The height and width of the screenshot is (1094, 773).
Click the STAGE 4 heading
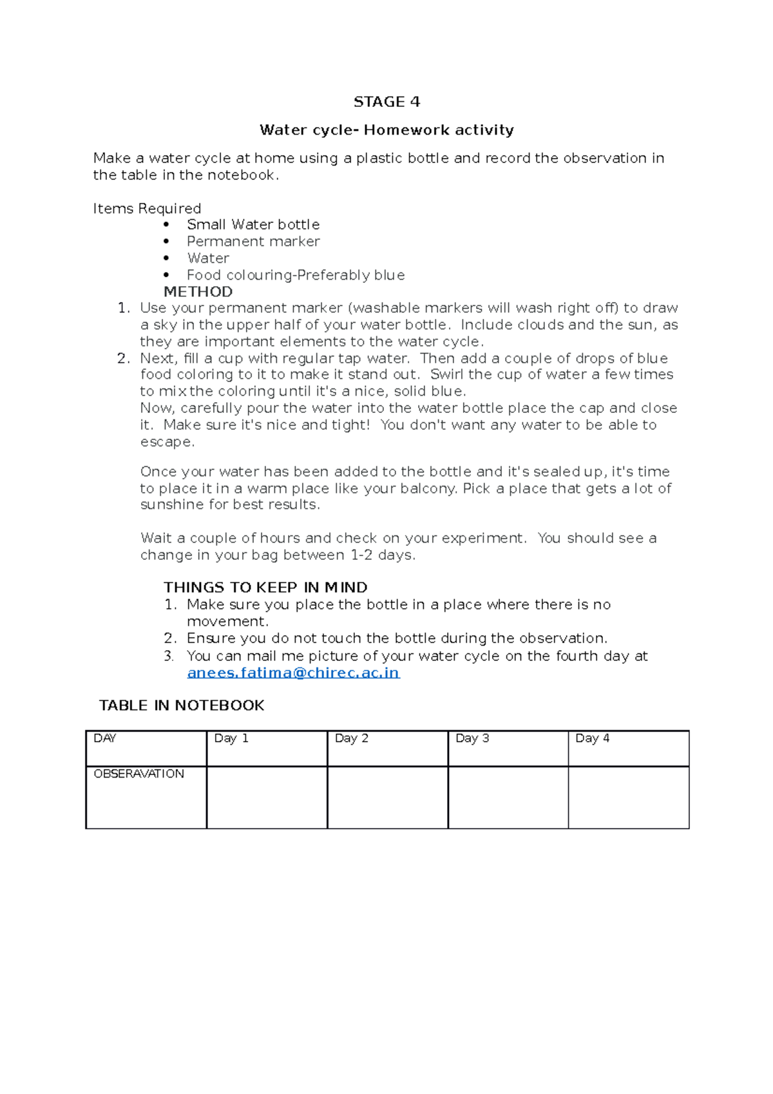click(386, 102)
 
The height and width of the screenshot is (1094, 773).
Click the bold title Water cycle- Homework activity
click(386, 130)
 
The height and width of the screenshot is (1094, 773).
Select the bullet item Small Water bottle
click(253, 224)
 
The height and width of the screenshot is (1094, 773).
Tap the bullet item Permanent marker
click(253, 241)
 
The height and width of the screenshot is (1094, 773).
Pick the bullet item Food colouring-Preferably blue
click(295, 275)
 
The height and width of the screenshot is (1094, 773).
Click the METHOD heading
click(198, 291)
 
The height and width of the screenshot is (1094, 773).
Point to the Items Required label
click(147, 208)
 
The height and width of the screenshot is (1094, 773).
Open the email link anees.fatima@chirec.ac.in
click(293, 673)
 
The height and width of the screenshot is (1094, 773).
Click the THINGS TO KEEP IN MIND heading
click(265, 587)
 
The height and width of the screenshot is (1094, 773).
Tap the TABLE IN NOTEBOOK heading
click(182, 705)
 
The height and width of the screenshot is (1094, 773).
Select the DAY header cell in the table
click(105, 738)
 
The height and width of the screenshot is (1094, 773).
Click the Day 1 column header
click(231, 738)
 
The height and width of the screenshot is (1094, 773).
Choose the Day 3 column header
click(472, 738)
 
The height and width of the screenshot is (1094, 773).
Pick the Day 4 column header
click(592, 738)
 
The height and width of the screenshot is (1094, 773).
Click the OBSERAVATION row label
click(138, 774)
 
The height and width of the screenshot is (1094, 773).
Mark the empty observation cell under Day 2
click(387, 797)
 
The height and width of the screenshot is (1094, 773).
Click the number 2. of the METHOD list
click(124, 358)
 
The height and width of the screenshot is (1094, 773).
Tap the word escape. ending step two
click(167, 442)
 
